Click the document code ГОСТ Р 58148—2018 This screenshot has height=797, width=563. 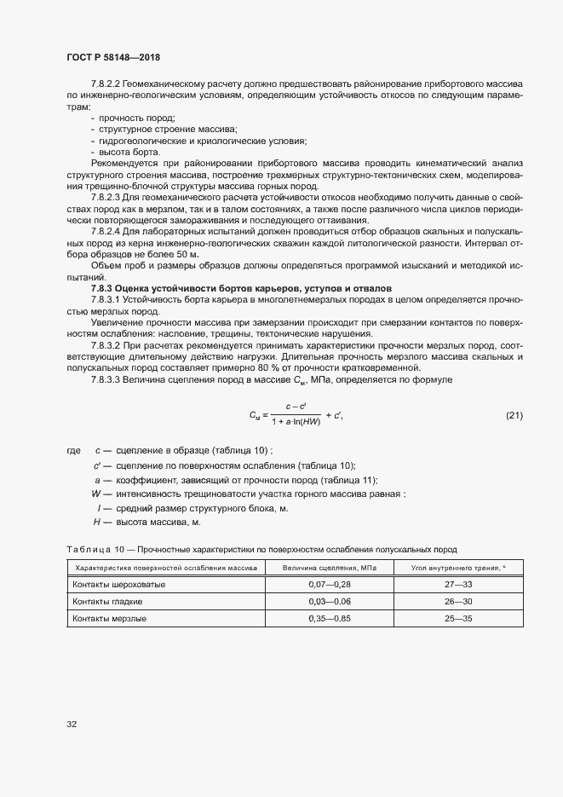112,57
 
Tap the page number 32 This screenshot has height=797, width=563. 72,724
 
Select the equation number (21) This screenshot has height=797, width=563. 514,415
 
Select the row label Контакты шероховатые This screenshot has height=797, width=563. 119,586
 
